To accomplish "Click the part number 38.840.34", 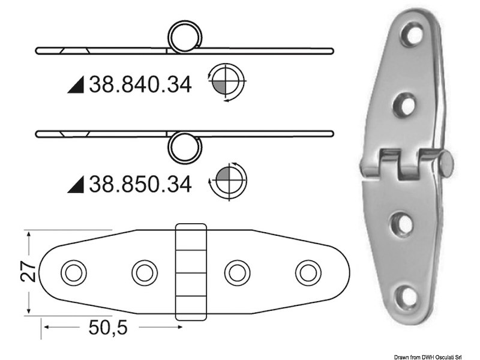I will pyautogui.click(x=140, y=85).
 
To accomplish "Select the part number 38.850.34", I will pyautogui.click(x=140, y=184).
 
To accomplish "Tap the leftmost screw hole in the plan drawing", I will pyautogui.click(x=73, y=272).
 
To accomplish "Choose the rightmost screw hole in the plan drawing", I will pyautogui.click(x=308, y=272).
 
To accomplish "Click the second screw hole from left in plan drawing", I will pyautogui.click(x=144, y=272).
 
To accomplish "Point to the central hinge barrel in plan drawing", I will pyautogui.click(x=190, y=272).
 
